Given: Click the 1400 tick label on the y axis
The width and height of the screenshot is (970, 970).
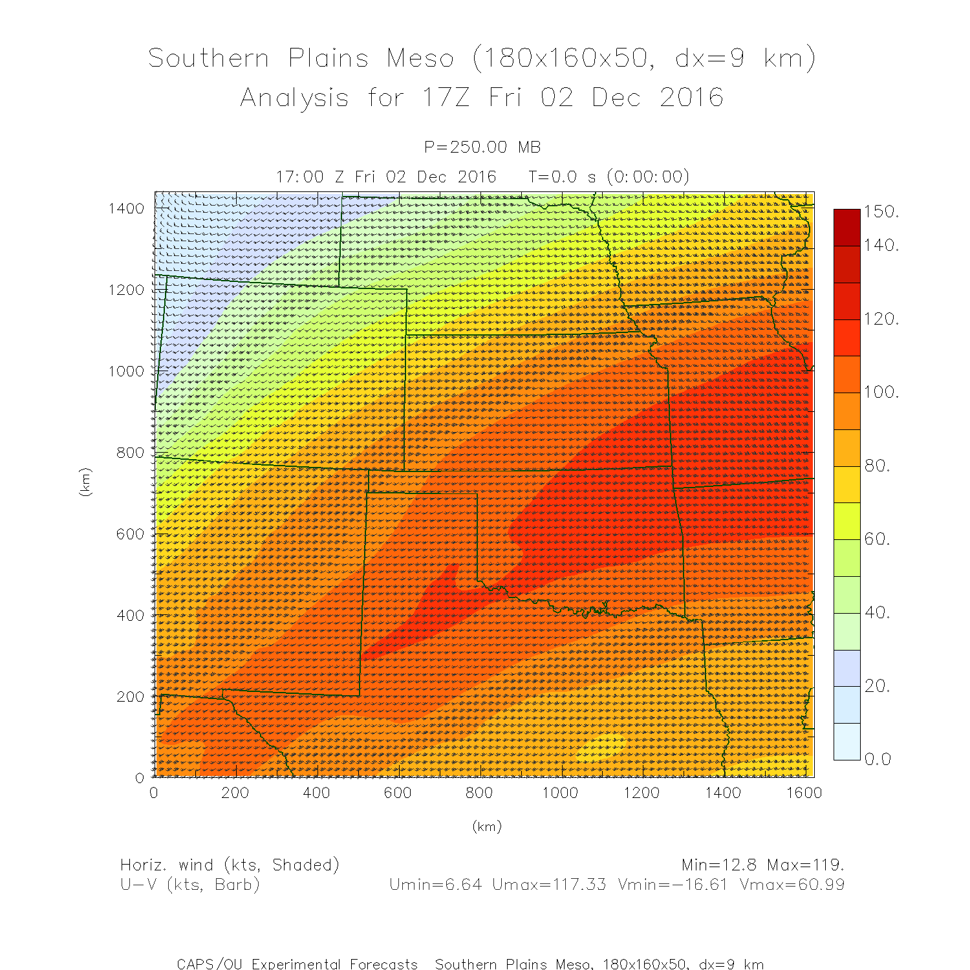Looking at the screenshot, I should pyautogui.click(x=126, y=208).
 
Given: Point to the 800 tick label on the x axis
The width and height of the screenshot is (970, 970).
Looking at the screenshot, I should pyautogui.click(x=479, y=793).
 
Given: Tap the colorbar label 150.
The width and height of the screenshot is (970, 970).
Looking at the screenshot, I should pyautogui.click(x=881, y=211).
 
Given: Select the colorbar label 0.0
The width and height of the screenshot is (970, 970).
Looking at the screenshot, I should pyautogui.click(x=878, y=759).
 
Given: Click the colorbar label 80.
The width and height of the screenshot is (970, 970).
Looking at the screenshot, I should pyautogui.click(x=878, y=466).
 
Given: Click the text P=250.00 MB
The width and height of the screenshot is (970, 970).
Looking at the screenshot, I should pyautogui.click(x=482, y=147).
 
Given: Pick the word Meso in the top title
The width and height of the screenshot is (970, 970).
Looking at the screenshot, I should pyautogui.click(x=420, y=58).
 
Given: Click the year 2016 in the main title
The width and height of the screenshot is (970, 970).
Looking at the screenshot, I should pyautogui.click(x=691, y=98).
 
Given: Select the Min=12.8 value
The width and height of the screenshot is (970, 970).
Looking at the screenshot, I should pyautogui.click(x=720, y=865).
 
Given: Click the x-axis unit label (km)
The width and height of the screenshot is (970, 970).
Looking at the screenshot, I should pyautogui.click(x=487, y=826).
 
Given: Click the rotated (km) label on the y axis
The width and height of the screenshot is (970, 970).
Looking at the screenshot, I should pyautogui.click(x=85, y=482).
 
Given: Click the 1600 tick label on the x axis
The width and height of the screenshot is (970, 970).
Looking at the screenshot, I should pyautogui.click(x=804, y=793).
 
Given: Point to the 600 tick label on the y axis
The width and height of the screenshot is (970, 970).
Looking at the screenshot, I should pyautogui.click(x=130, y=534).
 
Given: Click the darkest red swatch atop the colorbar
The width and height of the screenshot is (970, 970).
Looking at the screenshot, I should pyautogui.click(x=847, y=227).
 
